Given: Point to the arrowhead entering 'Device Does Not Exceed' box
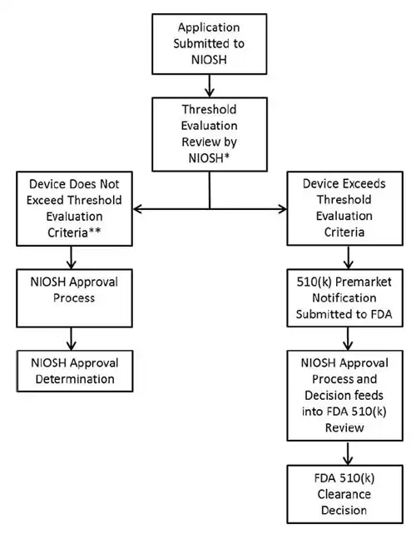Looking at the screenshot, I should coord(138,208).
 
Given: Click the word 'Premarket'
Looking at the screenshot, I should coord(359,283).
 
